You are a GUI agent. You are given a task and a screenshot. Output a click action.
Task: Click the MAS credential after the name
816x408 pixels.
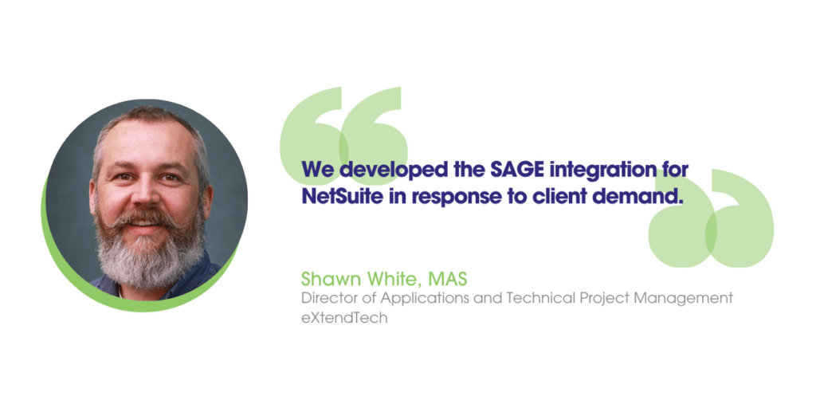[x=448, y=279]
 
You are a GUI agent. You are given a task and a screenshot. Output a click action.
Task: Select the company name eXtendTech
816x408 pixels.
[x=344, y=317]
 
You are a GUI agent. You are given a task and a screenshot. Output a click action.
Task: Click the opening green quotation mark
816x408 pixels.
[x=343, y=135]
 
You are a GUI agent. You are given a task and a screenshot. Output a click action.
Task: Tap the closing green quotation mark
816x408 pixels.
[x=711, y=218]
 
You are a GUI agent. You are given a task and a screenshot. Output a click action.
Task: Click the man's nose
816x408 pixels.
[x=147, y=194]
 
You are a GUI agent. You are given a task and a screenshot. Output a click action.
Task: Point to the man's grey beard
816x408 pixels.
[x=149, y=249]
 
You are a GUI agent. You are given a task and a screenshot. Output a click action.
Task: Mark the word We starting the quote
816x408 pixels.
[x=317, y=170]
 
